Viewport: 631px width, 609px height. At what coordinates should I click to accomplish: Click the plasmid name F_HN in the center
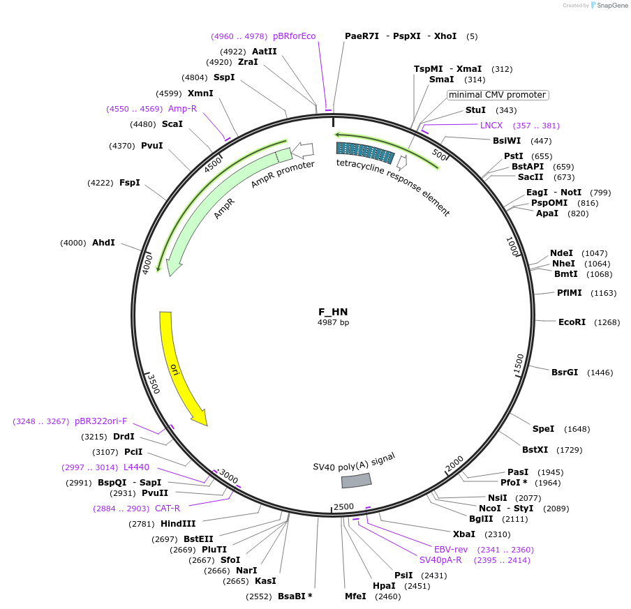(333, 312)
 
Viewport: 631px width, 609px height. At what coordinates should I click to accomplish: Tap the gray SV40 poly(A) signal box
(356, 480)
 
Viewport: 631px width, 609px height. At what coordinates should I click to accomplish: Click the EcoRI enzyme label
(572, 322)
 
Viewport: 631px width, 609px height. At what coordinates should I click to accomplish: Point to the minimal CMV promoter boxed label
(497, 95)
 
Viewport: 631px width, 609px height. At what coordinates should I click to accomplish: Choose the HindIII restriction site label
(179, 524)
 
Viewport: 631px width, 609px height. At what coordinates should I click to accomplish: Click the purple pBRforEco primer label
(294, 36)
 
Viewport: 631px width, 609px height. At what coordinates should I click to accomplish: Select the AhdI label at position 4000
(103, 243)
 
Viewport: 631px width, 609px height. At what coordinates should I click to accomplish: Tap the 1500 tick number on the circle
(518, 363)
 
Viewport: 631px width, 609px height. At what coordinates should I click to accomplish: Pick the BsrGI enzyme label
(565, 373)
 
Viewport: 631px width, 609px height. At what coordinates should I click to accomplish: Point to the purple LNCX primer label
(491, 126)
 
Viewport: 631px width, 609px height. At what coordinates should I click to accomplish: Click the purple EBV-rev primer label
(451, 550)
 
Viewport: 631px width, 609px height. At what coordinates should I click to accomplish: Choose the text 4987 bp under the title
(333, 323)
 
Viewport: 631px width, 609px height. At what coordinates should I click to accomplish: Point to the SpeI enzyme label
(543, 429)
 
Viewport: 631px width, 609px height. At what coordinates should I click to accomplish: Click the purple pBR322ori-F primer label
(101, 421)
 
